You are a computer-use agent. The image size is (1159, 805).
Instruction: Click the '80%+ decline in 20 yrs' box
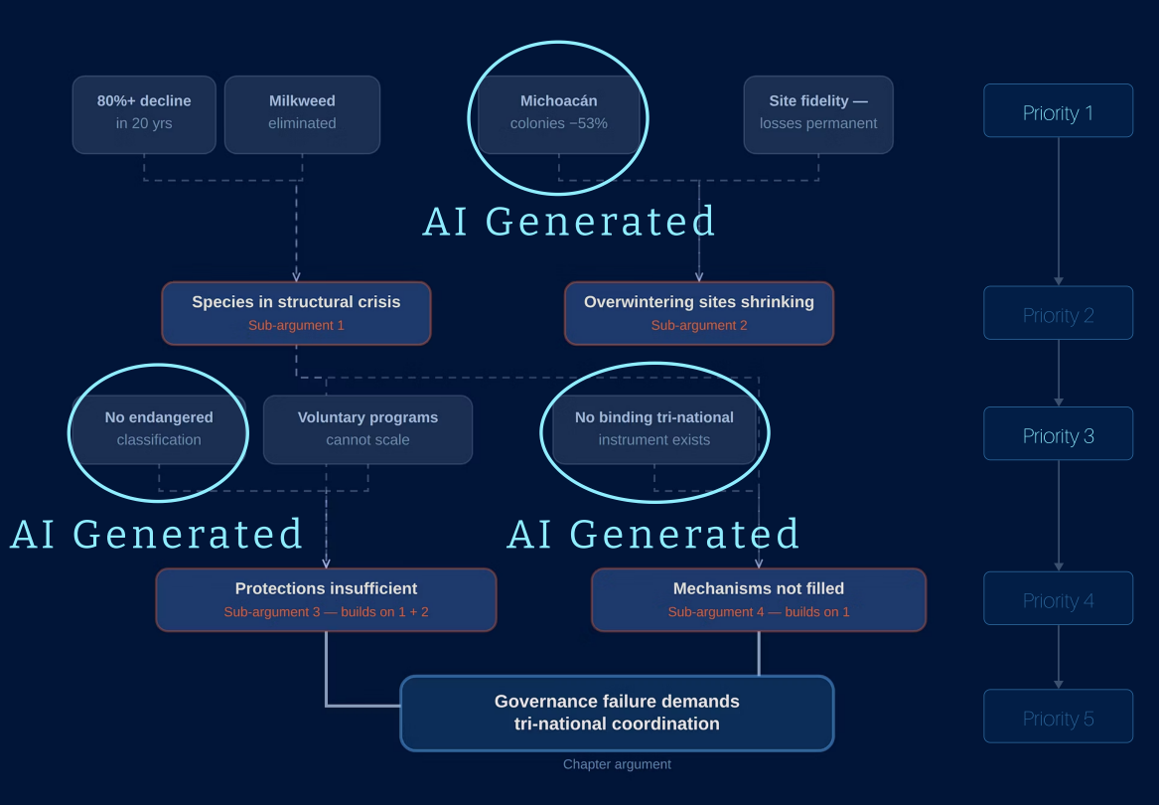[x=144, y=114]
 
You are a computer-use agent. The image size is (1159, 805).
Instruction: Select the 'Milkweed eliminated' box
[x=302, y=114]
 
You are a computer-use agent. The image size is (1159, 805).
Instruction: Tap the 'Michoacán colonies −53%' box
[x=558, y=114]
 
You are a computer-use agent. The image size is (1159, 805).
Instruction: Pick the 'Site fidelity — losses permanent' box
[x=818, y=114]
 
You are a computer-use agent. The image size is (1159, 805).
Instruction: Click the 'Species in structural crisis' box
[x=296, y=313]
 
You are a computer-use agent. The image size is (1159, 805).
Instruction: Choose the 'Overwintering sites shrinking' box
[x=699, y=313]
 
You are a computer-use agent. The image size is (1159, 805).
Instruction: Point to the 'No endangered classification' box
[x=159, y=429]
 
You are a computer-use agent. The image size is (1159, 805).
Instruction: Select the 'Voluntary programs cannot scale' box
[x=367, y=429]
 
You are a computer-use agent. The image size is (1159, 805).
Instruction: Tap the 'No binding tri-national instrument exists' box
[x=654, y=429]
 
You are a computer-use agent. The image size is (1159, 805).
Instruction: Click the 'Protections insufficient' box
[x=326, y=599]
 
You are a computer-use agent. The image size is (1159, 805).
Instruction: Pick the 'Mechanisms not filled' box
[x=759, y=599]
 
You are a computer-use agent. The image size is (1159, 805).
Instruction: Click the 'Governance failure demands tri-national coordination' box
[x=617, y=714]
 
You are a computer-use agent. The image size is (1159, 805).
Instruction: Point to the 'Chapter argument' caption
[x=617, y=764]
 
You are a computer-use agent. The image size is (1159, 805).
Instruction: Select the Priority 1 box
[x=1058, y=110]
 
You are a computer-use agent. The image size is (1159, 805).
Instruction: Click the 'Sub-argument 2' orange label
[x=699, y=326]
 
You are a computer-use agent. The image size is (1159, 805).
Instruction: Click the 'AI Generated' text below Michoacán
[x=569, y=222]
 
